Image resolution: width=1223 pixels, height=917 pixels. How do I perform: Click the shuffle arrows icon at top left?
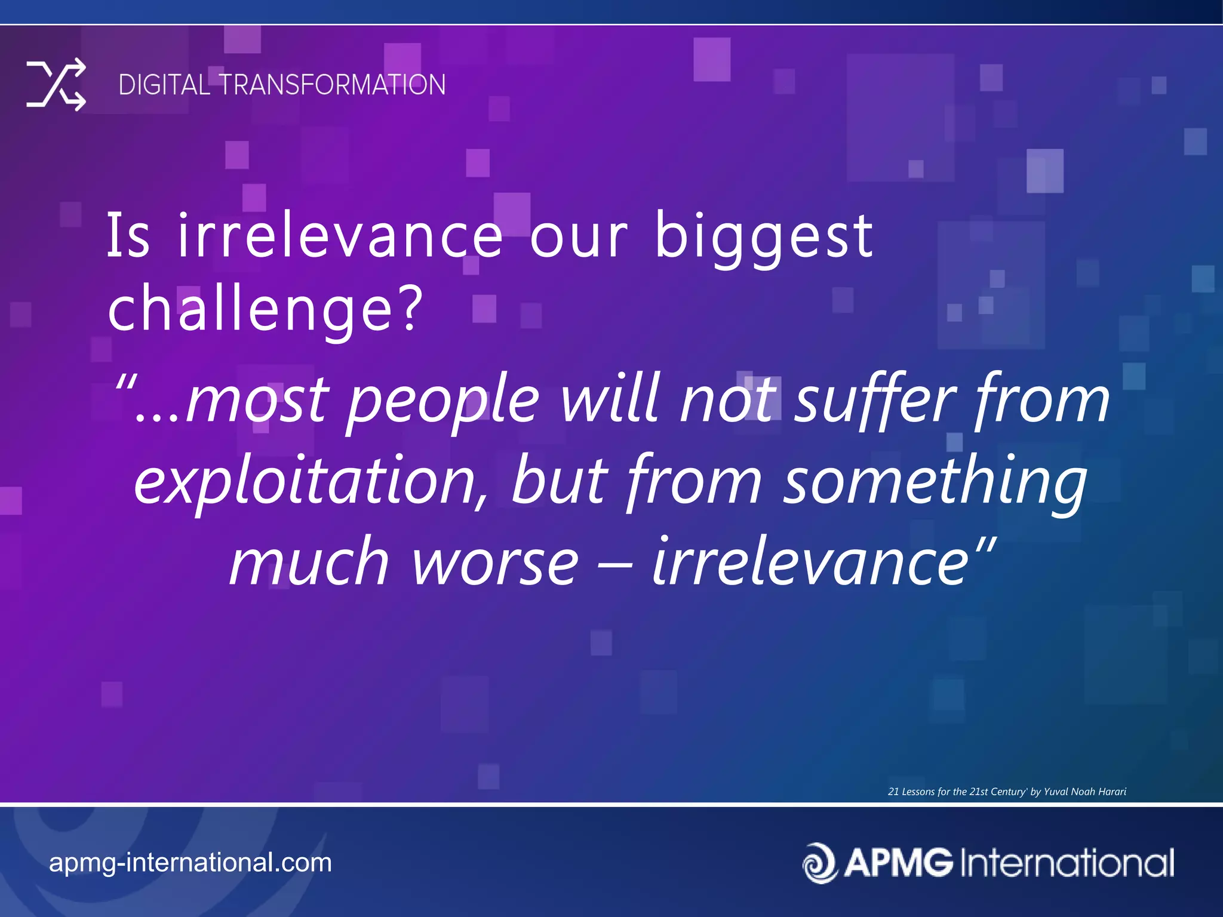point(56,85)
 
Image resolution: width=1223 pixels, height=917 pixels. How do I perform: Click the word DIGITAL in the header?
point(163,85)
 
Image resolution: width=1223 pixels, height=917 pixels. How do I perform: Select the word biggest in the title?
point(764,238)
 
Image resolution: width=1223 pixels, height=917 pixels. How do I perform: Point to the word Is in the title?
point(128,236)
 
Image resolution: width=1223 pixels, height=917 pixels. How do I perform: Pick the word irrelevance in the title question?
point(340,236)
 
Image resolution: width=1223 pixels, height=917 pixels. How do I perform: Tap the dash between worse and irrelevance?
point(615,565)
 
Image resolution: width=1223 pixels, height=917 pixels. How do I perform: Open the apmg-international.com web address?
point(190,863)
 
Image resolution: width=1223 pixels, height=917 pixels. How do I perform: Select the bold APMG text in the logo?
point(899,863)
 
